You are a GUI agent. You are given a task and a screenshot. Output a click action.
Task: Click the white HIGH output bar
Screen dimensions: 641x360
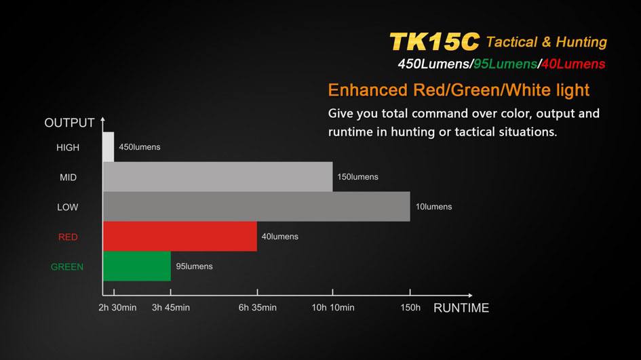pyautogui.click(x=109, y=146)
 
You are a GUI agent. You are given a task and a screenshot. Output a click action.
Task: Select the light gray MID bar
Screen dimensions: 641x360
pyautogui.click(x=218, y=176)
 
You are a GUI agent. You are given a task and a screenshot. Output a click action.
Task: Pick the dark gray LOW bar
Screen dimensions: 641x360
pyautogui.click(x=256, y=206)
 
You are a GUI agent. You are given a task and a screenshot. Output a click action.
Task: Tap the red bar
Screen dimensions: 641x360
pyautogui.click(x=180, y=236)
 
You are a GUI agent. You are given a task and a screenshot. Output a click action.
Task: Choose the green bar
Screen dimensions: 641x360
pyautogui.click(x=137, y=266)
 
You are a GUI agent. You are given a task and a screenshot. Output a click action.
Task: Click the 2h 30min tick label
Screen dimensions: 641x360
pyautogui.click(x=117, y=308)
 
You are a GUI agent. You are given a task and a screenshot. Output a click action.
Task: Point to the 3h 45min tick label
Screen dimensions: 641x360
pyautogui.click(x=171, y=308)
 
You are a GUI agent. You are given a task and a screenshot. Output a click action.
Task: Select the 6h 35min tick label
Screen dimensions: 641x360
pyautogui.click(x=258, y=308)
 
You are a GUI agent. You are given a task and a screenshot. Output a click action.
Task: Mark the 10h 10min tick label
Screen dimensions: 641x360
pyautogui.click(x=333, y=308)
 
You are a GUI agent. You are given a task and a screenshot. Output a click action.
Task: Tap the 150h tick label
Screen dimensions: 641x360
pyautogui.click(x=410, y=308)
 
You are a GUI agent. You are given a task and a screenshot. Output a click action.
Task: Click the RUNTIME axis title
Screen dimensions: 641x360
pyautogui.click(x=461, y=308)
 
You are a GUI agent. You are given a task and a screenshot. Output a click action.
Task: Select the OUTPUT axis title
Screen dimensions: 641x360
pyautogui.click(x=69, y=123)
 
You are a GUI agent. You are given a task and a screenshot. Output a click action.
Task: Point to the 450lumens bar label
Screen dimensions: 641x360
pyautogui.click(x=140, y=147)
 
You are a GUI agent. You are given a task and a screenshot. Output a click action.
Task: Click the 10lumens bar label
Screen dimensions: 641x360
pyautogui.click(x=433, y=207)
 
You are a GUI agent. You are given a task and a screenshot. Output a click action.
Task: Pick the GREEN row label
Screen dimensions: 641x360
pyautogui.click(x=67, y=267)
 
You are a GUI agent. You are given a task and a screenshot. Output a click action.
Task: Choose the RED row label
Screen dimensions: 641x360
pyautogui.click(x=68, y=237)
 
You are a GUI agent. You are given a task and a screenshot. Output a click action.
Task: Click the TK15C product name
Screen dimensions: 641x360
pyautogui.click(x=434, y=41)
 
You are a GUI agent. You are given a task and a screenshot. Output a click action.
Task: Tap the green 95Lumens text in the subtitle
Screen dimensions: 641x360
pyautogui.click(x=505, y=64)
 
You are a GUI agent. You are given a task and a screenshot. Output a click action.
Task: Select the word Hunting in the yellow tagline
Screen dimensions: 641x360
pyautogui.click(x=581, y=42)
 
